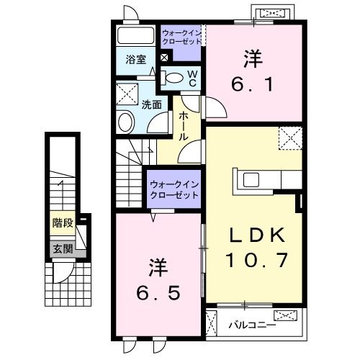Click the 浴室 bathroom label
[137, 60]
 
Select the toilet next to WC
[173, 78]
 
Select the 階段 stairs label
[62, 222]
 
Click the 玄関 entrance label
[62, 249]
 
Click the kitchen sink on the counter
[253, 179]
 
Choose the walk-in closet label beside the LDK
[174, 191]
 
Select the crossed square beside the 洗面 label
[127, 93]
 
